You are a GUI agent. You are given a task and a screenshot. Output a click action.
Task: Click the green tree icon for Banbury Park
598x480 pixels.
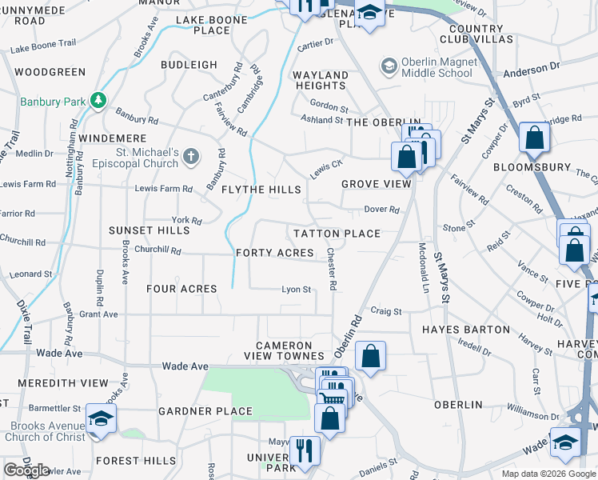[98, 101]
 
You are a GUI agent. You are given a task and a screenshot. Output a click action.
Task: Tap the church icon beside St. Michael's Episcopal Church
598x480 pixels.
[190, 156]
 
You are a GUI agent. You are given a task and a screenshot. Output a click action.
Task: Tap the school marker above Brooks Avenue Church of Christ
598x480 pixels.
[101, 418]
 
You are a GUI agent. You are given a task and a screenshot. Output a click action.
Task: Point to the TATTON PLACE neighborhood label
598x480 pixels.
[336, 234]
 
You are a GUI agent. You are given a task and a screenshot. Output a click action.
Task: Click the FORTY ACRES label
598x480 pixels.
[275, 253]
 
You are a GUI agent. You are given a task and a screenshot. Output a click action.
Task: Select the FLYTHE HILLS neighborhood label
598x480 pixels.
[261, 190]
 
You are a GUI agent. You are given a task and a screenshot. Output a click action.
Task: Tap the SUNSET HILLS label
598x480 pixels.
[149, 230]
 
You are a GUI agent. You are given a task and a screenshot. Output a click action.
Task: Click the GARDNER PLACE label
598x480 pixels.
[205, 411]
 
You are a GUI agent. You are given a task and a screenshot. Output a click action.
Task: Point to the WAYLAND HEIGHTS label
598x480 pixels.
[321, 80]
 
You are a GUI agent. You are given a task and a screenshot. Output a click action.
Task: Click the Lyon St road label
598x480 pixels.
[296, 290]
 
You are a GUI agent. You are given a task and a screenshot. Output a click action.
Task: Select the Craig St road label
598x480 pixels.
[385, 310]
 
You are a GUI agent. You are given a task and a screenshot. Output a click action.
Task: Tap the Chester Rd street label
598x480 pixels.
[332, 269]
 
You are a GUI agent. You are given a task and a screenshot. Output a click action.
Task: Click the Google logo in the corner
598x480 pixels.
[26, 470]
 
